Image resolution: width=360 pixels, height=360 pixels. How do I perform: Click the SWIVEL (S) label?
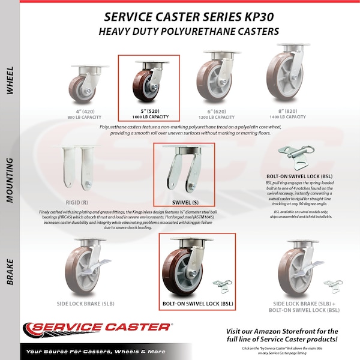coord(185,202)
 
